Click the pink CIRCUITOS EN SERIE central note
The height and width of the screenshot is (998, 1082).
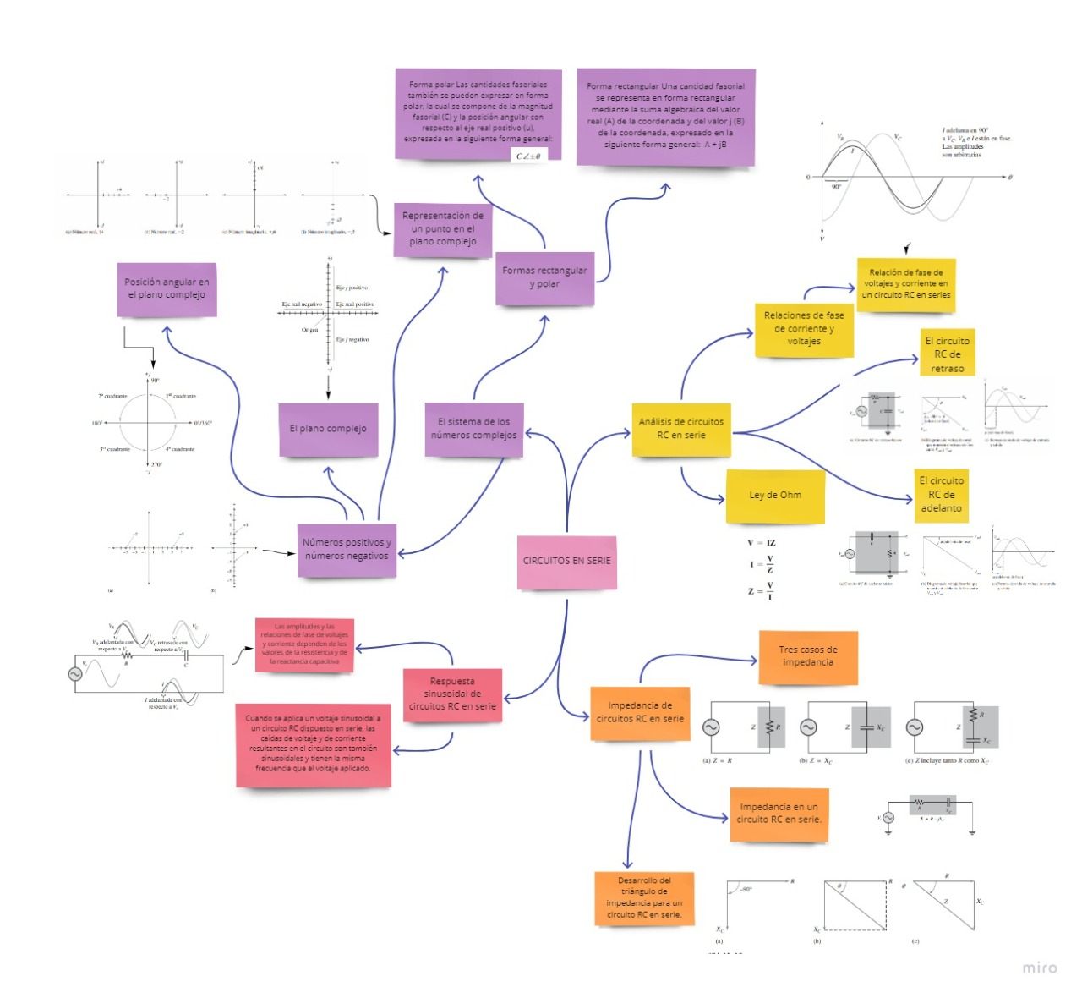point(566,562)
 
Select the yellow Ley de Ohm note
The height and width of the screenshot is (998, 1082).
point(775,496)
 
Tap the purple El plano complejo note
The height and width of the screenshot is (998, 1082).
point(328,430)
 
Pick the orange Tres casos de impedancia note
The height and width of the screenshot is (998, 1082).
point(808,657)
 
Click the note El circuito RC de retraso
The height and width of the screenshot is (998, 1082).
point(947,354)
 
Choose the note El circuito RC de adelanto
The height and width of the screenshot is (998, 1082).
point(941,495)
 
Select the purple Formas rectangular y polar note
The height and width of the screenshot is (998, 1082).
point(544,278)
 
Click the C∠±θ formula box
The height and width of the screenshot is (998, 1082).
point(528,156)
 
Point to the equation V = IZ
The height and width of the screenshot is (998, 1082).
point(761,543)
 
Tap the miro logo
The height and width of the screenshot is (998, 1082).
point(1039,968)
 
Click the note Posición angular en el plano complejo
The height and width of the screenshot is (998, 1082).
point(167,289)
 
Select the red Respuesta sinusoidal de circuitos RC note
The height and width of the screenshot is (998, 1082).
point(452,694)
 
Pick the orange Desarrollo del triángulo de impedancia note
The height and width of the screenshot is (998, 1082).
point(644,898)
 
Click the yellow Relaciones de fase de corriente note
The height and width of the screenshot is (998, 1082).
point(804,329)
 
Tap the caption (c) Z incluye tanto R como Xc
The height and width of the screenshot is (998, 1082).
point(947,761)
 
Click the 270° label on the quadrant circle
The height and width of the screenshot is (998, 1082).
point(156,464)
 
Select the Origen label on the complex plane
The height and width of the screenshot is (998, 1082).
point(310,330)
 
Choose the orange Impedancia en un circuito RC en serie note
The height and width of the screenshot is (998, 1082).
point(779,814)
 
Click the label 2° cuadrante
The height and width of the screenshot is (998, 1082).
point(112,396)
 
